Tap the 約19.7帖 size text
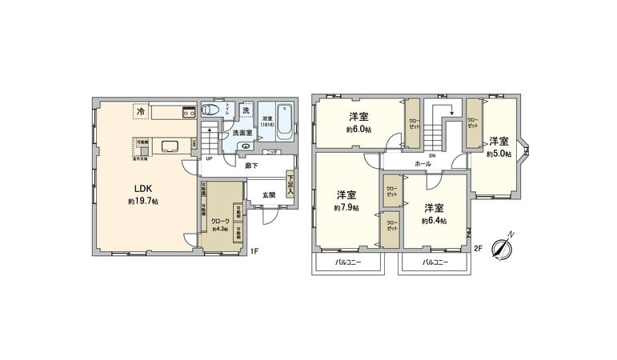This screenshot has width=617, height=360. click(142, 202)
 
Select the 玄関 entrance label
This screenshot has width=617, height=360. click(269, 194)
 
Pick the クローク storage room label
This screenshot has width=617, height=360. click(220, 221)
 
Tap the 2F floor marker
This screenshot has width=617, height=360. click(478, 249)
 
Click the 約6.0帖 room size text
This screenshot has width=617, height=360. click(358, 130)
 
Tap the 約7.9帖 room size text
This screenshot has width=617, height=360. click(346, 207)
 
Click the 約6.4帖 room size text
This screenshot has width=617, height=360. click(434, 220)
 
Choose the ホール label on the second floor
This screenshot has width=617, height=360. click(423, 164)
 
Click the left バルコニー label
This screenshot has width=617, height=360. click(347, 262)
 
